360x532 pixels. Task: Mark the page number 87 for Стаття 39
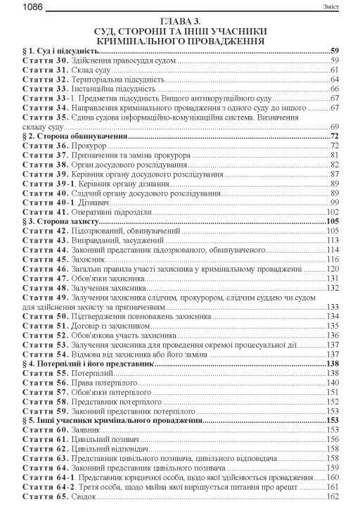(x=335, y=173)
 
